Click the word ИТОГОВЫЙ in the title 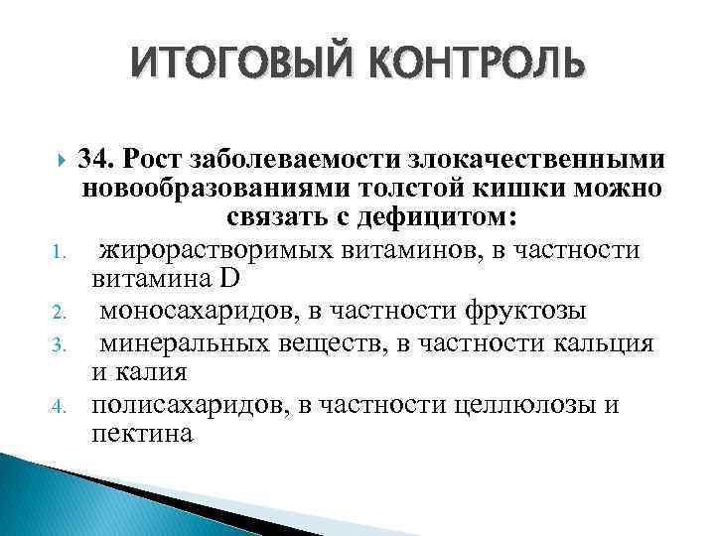coord(231,64)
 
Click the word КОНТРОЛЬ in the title coord(464,64)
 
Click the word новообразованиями coord(222,188)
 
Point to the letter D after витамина coord(245,281)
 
